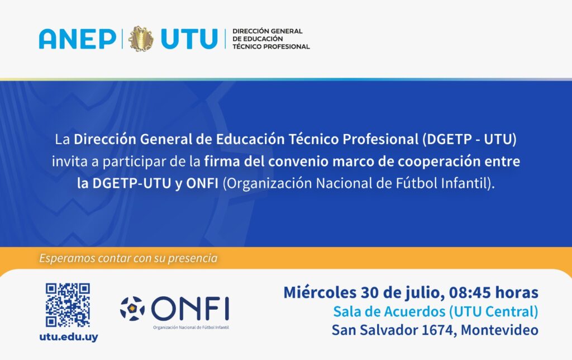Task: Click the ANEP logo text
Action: (x=78, y=39)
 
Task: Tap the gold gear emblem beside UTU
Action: (x=141, y=39)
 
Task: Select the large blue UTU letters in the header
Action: (x=189, y=39)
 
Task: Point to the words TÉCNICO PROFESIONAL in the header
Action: (x=271, y=47)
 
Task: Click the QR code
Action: (x=68, y=305)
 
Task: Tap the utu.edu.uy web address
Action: (x=69, y=337)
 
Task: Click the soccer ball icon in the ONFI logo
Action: (x=132, y=309)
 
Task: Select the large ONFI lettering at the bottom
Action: (x=190, y=309)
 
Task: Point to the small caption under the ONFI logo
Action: (x=191, y=328)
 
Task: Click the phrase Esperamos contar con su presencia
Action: (x=128, y=258)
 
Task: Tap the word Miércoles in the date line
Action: (x=320, y=292)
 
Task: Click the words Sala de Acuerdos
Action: (x=389, y=311)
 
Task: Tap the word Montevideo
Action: (x=499, y=330)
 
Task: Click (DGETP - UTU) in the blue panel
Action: (x=469, y=139)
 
